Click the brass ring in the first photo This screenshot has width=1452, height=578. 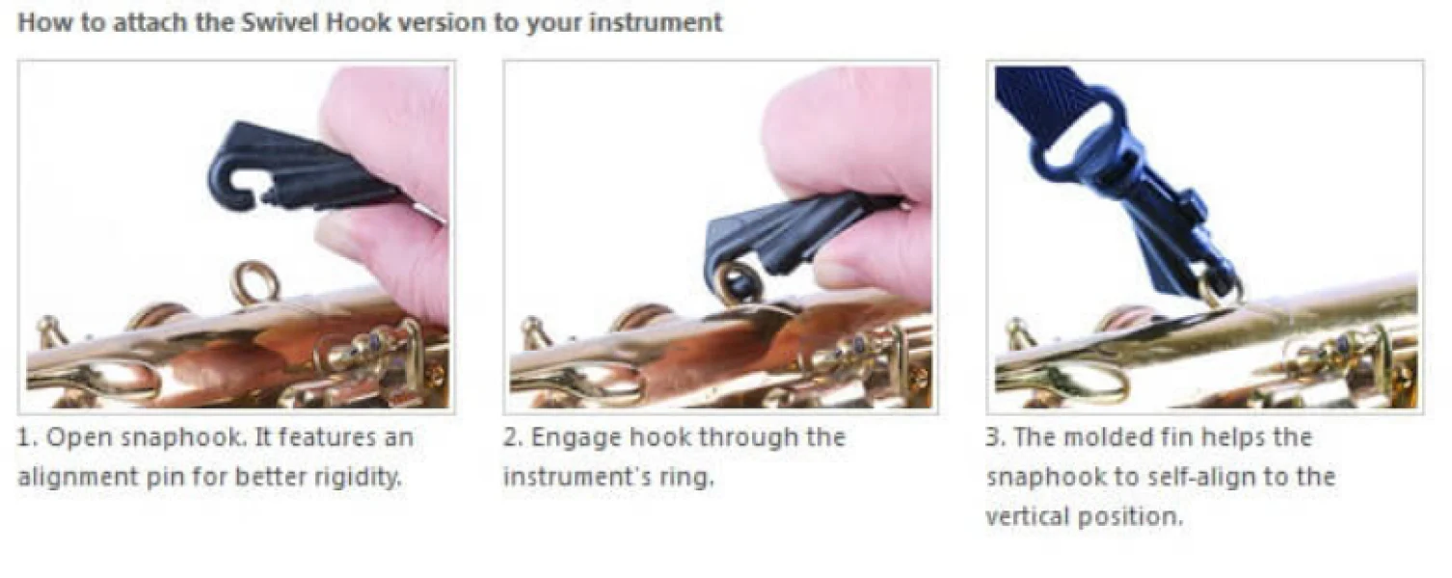coord(257,283)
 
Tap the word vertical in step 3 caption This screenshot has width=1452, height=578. coord(1027,516)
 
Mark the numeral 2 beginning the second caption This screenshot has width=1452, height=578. coord(511,438)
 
